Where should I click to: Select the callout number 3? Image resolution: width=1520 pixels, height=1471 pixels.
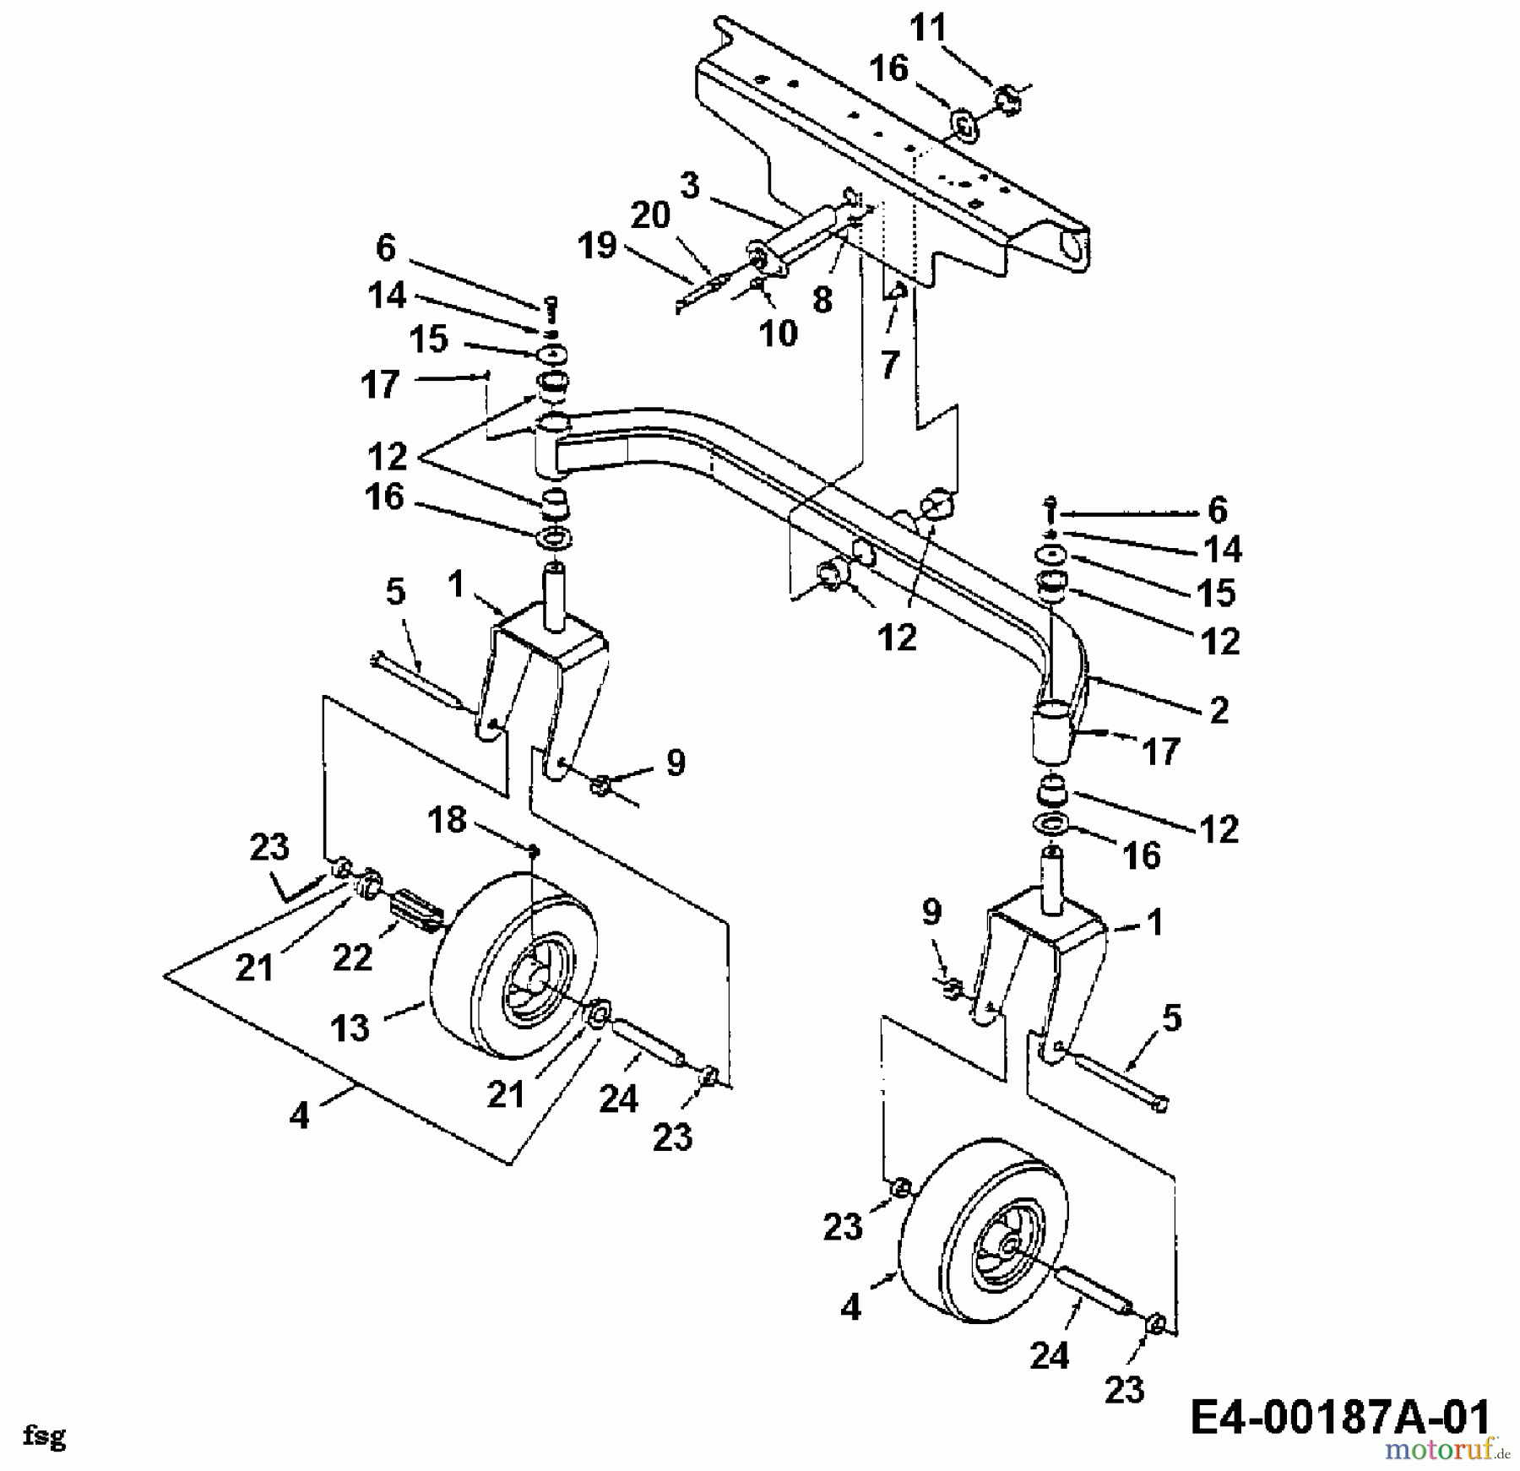click(690, 186)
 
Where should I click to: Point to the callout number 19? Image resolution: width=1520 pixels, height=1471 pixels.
click(598, 247)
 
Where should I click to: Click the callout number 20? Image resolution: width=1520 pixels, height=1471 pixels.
click(650, 215)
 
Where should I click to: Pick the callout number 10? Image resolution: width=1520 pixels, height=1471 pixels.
click(778, 334)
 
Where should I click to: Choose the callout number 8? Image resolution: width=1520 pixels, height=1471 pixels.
click(822, 299)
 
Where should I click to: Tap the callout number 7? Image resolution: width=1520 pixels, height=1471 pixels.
click(890, 365)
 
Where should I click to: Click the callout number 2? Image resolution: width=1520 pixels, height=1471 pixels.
click(1219, 710)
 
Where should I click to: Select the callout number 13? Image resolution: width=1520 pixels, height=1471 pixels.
click(350, 1028)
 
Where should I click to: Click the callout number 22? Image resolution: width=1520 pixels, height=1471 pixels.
click(352, 957)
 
